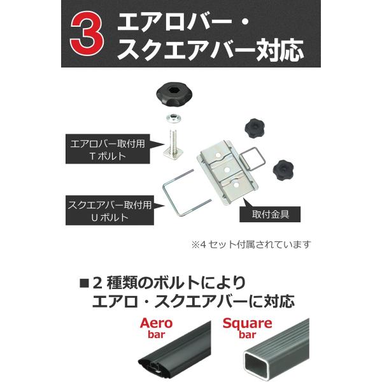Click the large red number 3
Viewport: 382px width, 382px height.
(x=87, y=34)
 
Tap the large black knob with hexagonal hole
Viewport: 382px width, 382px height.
(x=173, y=94)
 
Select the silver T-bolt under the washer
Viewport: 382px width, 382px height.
(x=173, y=143)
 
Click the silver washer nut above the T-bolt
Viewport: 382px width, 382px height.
(x=173, y=119)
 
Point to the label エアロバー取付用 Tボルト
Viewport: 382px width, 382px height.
(x=108, y=149)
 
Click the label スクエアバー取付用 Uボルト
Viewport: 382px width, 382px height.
(x=110, y=210)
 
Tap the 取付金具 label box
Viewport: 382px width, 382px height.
(x=270, y=214)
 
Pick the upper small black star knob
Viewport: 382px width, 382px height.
(x=254, y=128)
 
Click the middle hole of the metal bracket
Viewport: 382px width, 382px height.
(x=227, y=169)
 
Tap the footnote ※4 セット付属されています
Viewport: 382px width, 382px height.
(x=251, y=244)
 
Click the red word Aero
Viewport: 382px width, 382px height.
(x=157, y=323)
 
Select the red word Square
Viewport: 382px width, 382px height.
(x=247, y=323)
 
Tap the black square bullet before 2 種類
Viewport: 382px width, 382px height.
(x=85, y=283)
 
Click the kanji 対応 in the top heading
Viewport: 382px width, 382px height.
(x=279, y=50)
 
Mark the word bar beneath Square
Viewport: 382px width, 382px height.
(x=247, y=335)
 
